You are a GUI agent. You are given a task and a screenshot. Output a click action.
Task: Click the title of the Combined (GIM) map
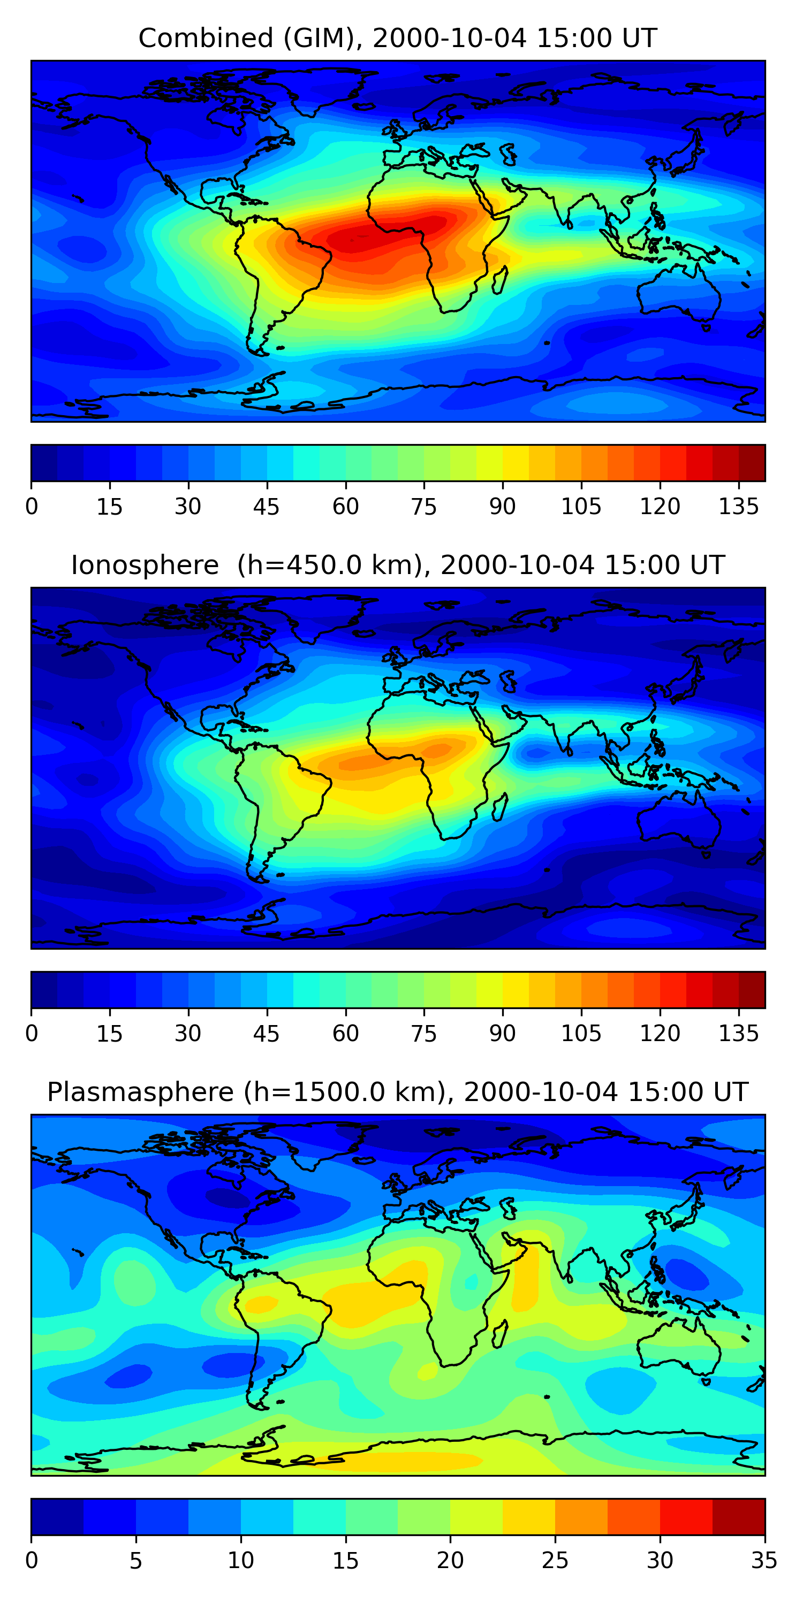(x=397, y=38)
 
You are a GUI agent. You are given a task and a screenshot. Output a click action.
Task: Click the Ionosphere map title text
(x=397, y=565)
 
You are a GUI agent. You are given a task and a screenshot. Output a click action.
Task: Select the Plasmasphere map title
(x=397, y=1092)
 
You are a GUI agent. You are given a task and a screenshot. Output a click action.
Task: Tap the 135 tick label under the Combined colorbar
(x=738, y=507)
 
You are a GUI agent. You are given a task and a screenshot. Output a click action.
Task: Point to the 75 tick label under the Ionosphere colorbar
(x=424, y=1034)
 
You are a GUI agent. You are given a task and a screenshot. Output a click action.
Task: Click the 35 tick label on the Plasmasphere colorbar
(x=764, y=1561)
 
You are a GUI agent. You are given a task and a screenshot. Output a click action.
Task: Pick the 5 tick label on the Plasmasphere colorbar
(x=136, y=1561)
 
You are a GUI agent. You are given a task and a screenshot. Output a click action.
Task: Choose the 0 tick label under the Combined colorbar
(x=32, y=507)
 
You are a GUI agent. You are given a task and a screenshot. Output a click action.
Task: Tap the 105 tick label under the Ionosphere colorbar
(x=581, y=1034)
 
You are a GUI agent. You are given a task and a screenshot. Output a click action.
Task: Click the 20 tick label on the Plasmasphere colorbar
(x=450, y=1561)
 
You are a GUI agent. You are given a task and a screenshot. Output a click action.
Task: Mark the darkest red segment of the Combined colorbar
(x=752, y=463)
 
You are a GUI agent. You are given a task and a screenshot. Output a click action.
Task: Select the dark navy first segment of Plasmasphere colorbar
(x=57, y=1517)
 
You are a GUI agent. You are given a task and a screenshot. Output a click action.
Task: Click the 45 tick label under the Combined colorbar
(x=267, y=507)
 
